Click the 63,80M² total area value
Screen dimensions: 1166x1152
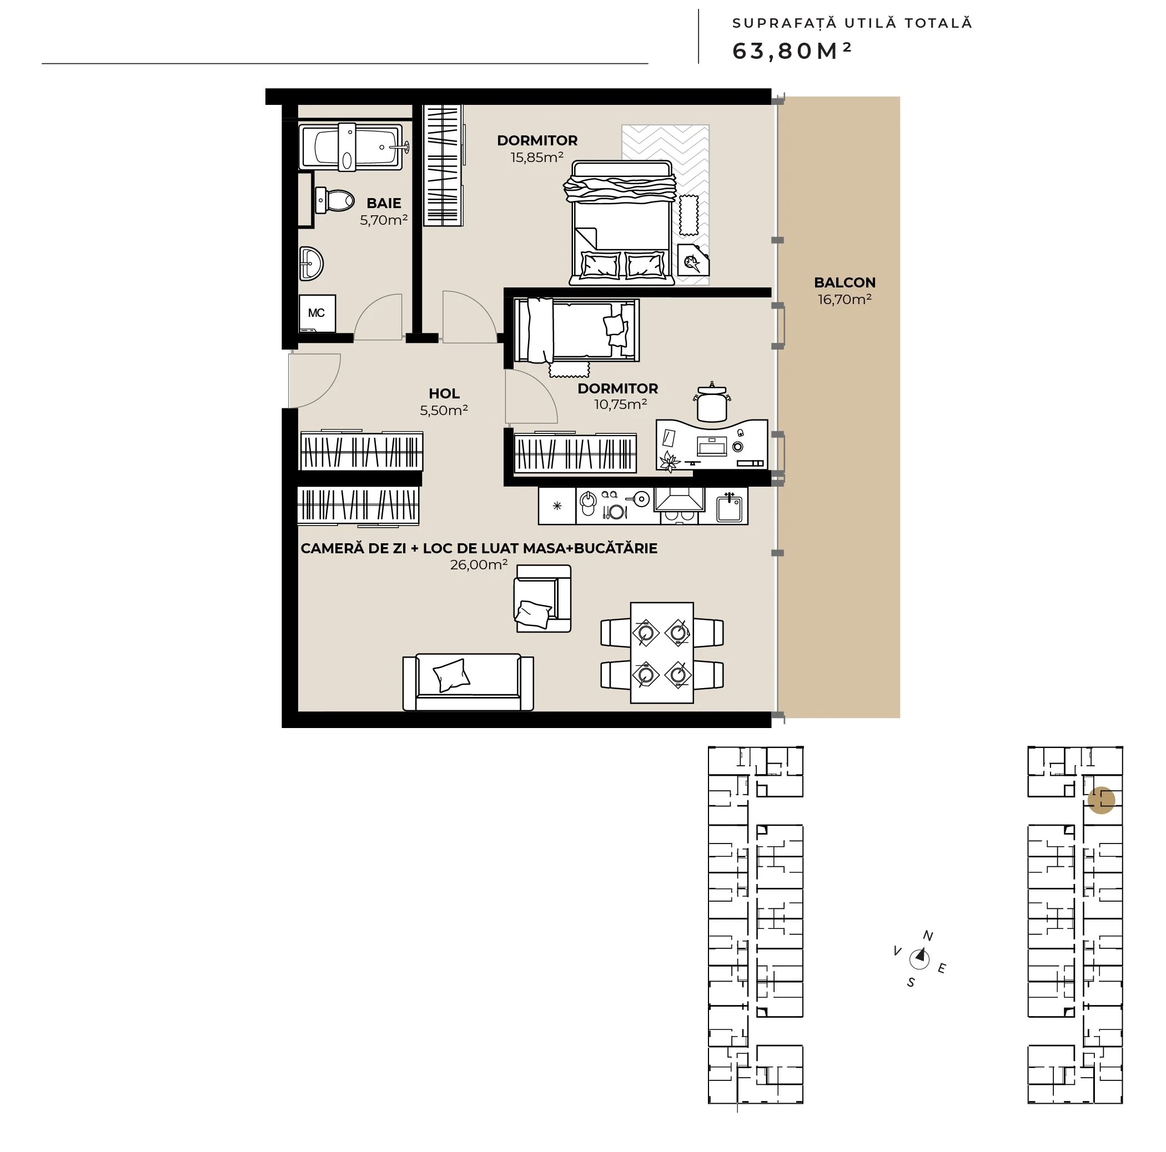[791, 51]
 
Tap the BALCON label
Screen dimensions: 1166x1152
[845, 282]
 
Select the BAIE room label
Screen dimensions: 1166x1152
[384, 203]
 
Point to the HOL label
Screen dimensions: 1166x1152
[444, 393]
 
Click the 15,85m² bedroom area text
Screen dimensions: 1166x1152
[536, 158]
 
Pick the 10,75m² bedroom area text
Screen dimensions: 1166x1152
[620, 404]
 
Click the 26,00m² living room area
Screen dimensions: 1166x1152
[479, 564]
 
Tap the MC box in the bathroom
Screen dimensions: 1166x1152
[318, 313]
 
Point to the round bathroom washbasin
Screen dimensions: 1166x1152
[311, 264]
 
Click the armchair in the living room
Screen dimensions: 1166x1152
[542, 598]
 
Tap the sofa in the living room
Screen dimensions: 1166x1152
[468, 682]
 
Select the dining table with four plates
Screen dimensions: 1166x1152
[662, 653]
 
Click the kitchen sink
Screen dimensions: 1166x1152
[729, 507]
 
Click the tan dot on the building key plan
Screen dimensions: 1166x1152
[1101, 800]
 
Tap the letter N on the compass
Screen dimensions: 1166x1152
[928, 936]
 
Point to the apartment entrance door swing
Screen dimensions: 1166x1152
[314, 381]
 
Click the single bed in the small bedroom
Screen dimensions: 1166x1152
[576, 331]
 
